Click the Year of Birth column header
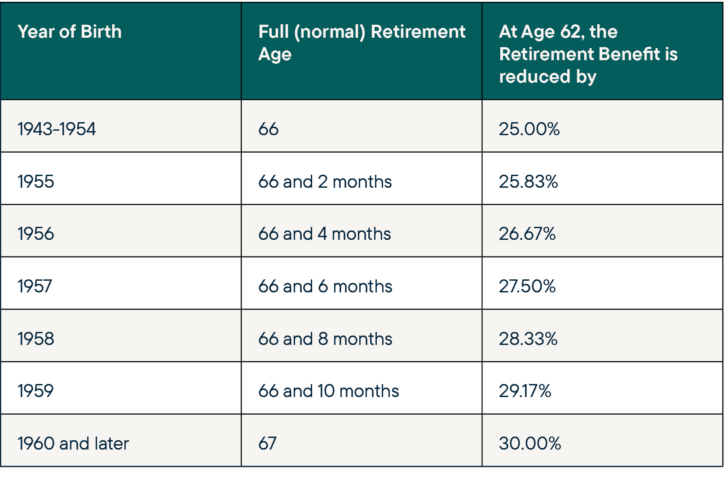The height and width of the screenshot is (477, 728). [70, 32]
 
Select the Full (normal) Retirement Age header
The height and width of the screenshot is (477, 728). [362, 43]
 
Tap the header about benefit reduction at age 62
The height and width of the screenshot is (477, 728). [588, 54]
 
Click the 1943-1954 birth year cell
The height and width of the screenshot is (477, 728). [57, 129]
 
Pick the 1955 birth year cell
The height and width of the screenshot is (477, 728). [36, 182]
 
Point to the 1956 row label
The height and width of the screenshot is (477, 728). [36, 234]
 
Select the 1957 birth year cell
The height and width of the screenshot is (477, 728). [35, 287]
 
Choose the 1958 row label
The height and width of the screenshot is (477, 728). [36, 339]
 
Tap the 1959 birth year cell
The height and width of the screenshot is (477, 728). [35, 391]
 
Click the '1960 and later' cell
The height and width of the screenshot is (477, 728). [73, 444]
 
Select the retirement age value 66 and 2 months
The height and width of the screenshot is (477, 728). [325, 182]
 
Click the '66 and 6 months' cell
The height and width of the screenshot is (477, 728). [325, 287]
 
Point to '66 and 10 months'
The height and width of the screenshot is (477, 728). [328, 391]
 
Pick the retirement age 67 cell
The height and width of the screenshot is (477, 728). [268, 444]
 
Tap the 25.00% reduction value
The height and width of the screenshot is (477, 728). [529, 129]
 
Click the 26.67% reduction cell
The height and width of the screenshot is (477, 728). [527, 234]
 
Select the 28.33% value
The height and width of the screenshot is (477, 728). [528, 339]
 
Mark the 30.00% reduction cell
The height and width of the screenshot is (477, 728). [530, 444]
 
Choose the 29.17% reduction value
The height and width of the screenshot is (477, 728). [525, 391]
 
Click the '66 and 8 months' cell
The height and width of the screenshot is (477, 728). [325, 339]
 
